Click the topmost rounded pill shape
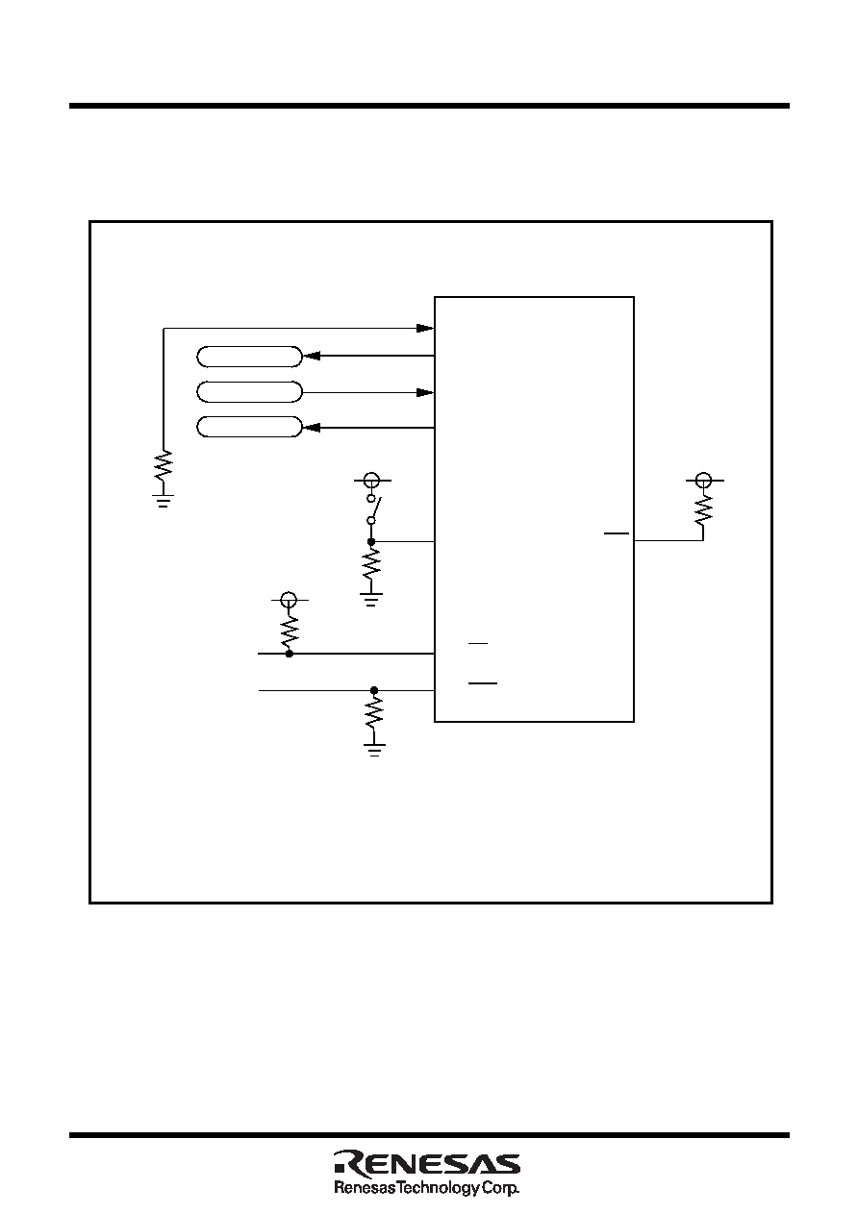[x=249, y=357]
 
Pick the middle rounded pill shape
[x=249, y=392]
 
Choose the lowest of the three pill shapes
[x=249, y=427]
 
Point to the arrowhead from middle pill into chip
[x=425, y=392]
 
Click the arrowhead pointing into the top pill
[x=312, y=356]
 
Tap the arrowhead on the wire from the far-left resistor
[x=425, y=328]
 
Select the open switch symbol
[x=372, y=509]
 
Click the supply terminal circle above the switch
[x=371, y=481]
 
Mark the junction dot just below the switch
[x=371, y=541]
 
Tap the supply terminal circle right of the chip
[x=703, y=480]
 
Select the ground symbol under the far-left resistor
[x=164, y=500]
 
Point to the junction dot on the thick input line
[x=290, y=655]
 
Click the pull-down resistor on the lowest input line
[x=374, y=714]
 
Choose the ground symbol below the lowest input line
[x=374, y=750]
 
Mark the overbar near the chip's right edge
[x=617, y=533]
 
